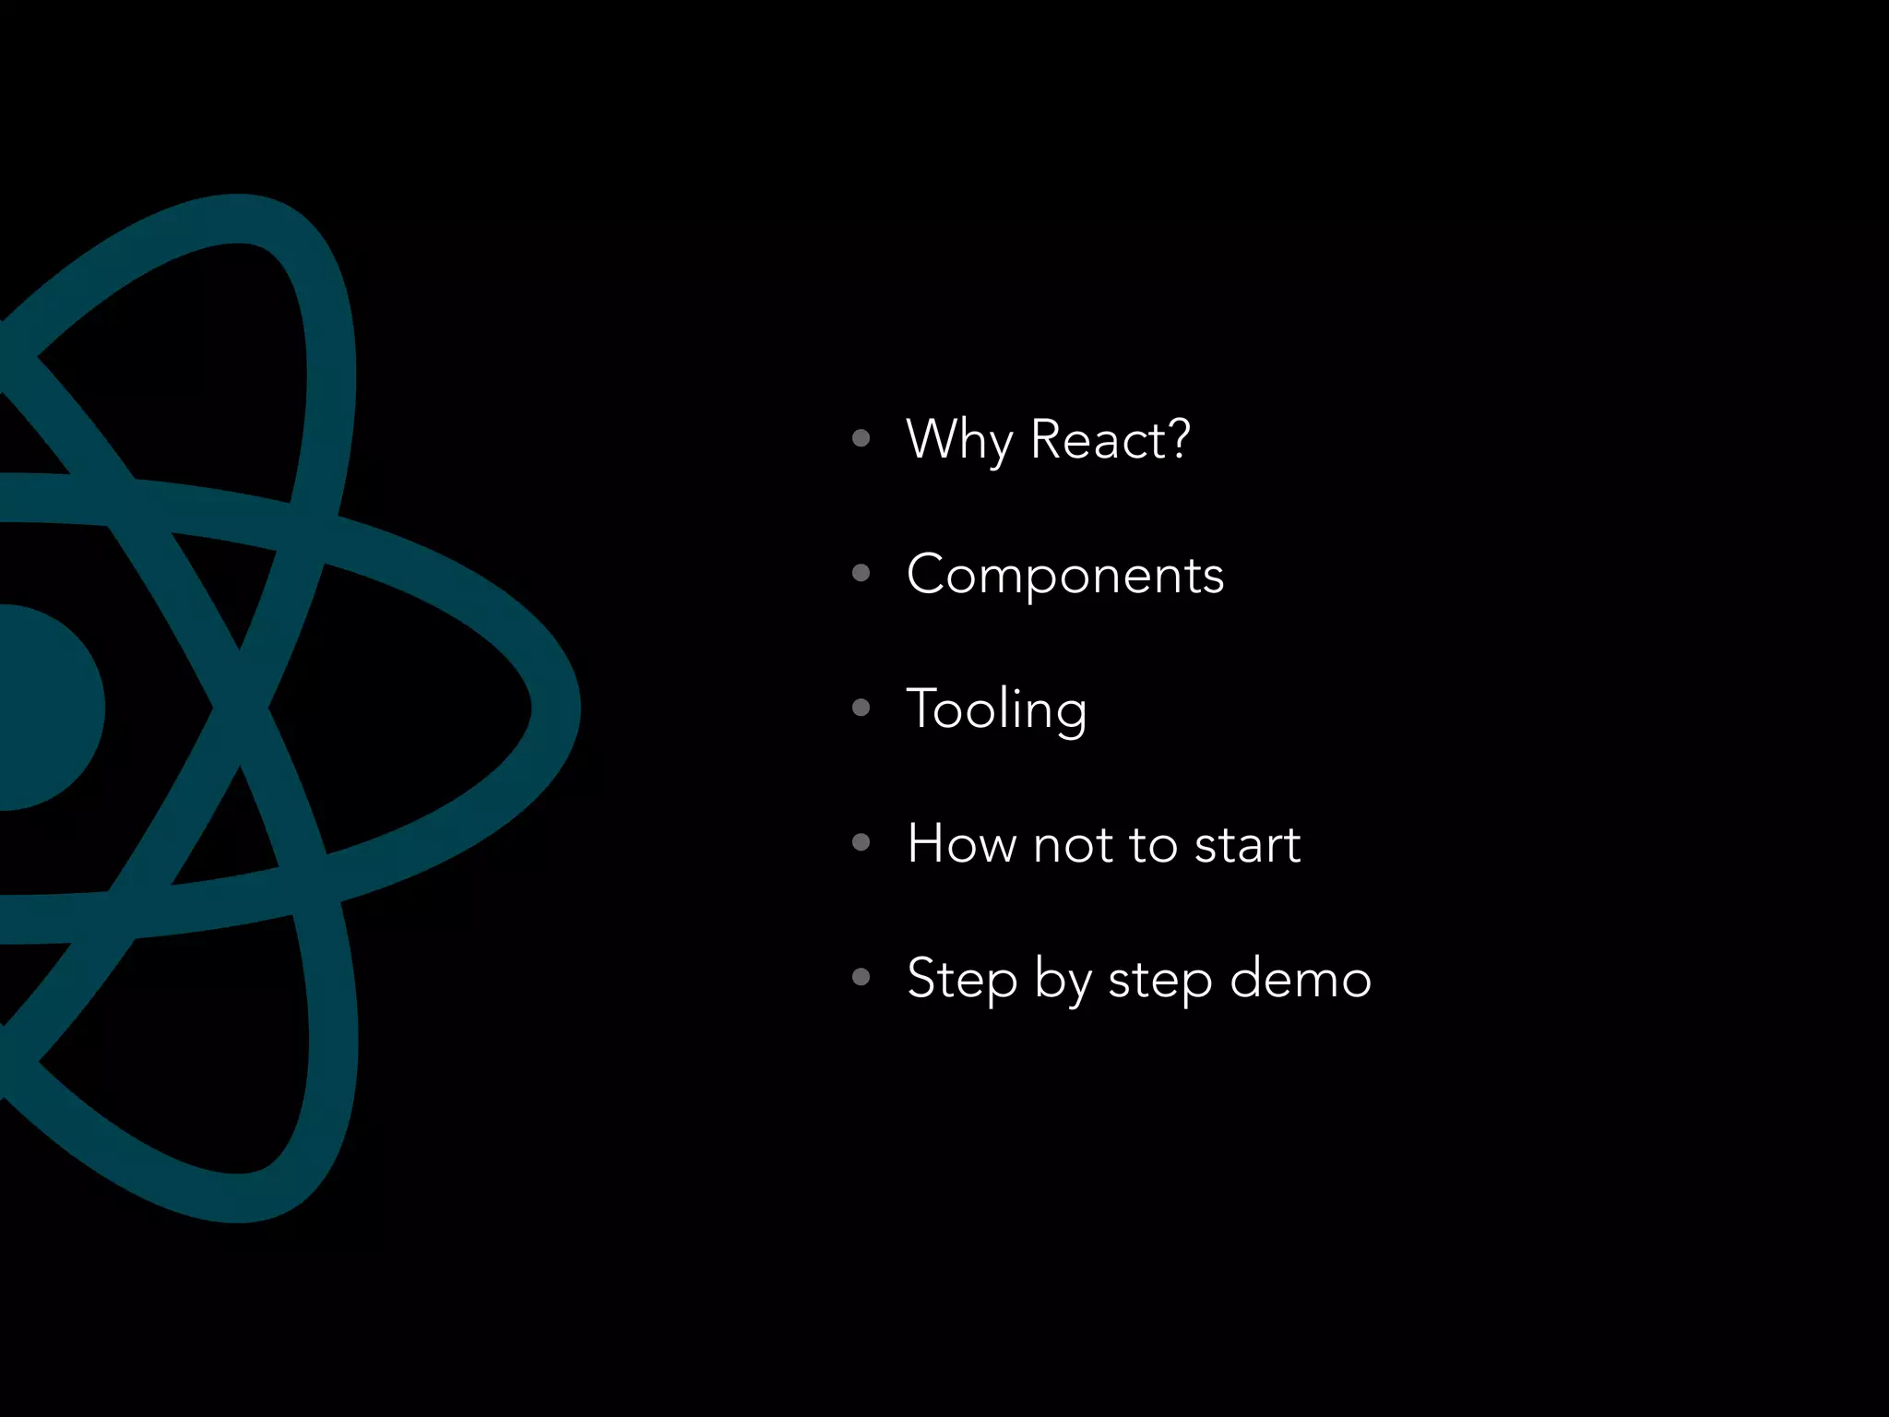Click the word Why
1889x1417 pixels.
959,440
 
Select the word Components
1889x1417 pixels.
1065,575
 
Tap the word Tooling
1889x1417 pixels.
997,709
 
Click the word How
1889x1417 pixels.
961,844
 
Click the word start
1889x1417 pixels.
1247,845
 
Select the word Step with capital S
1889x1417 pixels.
962,979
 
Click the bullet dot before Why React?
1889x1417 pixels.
861,438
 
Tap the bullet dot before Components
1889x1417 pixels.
861,574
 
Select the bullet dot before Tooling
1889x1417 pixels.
861,708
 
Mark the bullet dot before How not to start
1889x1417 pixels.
861,842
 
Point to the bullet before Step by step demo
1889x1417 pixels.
861,977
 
